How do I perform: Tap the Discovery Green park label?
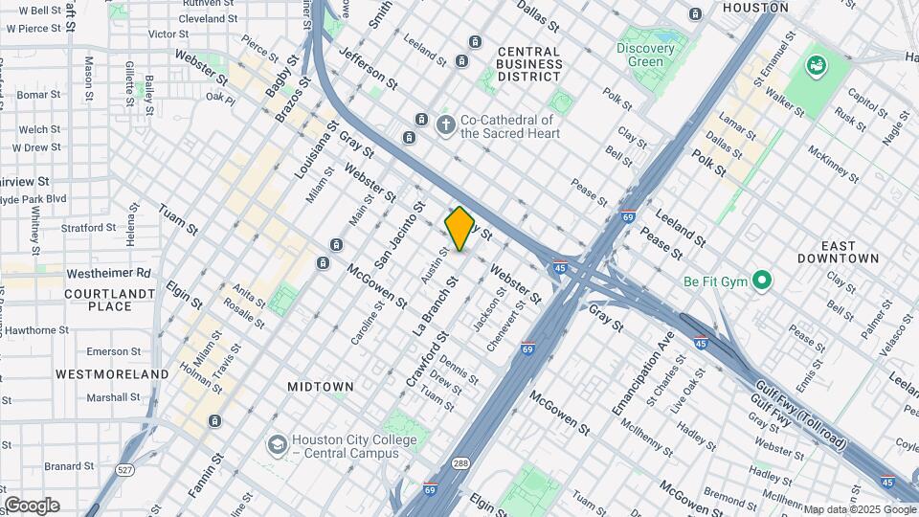tap(639, 55)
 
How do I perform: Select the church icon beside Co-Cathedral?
tap(445, 124)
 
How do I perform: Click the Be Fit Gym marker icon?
tap(762, 281)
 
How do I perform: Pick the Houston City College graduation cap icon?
tap(277, 445)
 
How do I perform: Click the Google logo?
tap(32, 506)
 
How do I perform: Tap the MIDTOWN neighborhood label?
tap(321, 387)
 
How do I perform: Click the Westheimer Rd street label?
tap(109, 273)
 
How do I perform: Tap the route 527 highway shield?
tap(123, 470)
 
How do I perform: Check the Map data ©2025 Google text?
tap(859, 509)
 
